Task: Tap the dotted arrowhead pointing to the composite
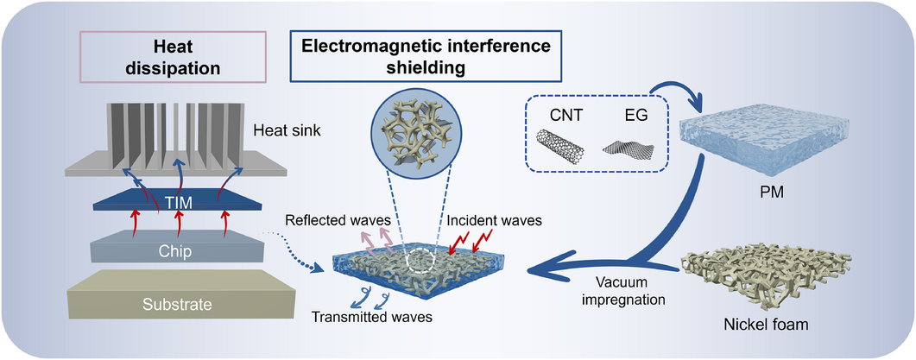tap(318, 269)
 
